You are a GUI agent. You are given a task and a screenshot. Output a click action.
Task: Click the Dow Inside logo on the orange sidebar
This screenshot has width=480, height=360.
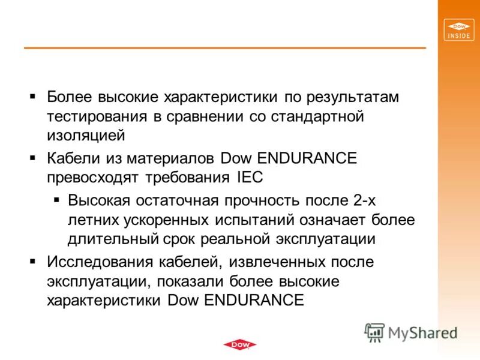point(459,30)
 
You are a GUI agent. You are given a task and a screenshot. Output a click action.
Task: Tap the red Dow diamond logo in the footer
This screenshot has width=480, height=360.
point(239,344)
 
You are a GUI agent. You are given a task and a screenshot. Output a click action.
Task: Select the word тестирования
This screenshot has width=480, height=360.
point(97,116)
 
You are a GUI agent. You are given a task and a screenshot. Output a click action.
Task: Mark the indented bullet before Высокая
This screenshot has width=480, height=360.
point(56,200)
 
